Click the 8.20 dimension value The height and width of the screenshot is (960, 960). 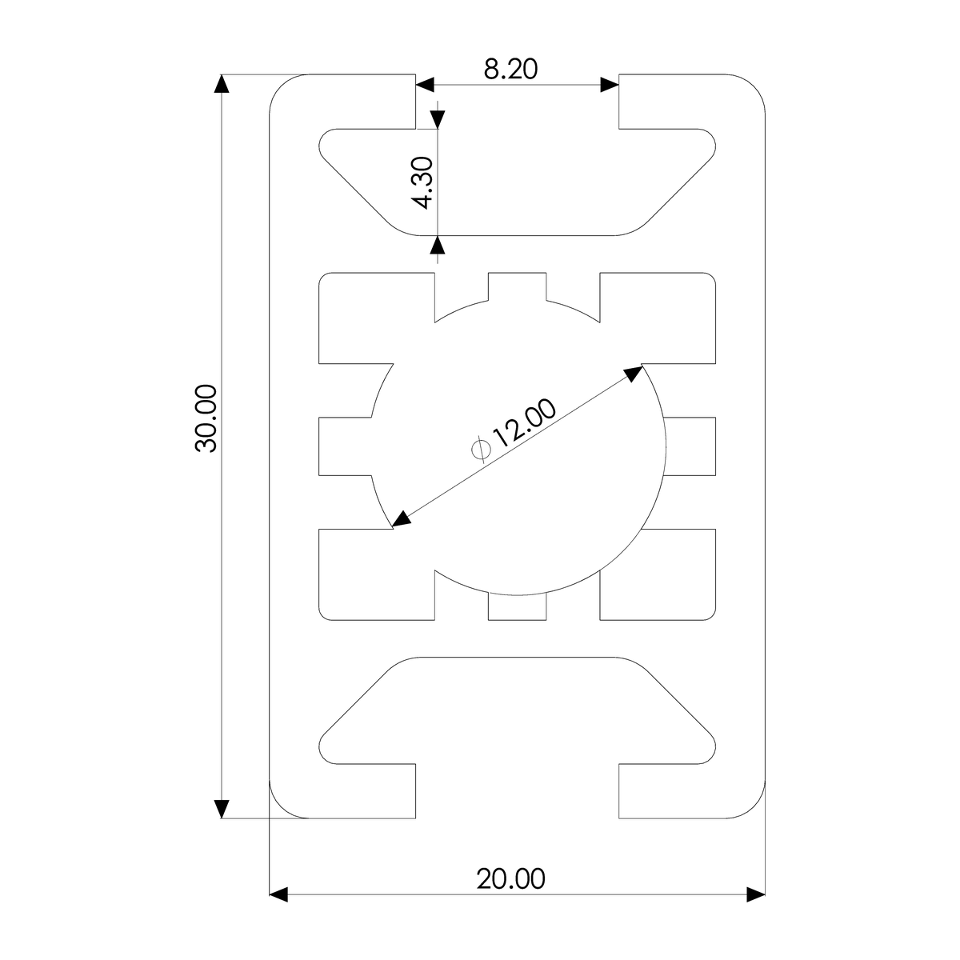pos(510,70)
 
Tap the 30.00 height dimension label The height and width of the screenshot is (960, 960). pos(206,418)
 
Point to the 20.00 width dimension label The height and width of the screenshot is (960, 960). pos(510,879)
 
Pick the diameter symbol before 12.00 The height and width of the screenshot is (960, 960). pos(481,449)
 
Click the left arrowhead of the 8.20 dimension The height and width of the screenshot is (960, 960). pos(425,85)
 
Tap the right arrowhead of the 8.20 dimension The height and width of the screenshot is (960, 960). pos(610,85)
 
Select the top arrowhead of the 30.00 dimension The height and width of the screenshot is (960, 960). pos(221,84)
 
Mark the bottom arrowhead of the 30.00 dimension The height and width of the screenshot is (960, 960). pos(221,809)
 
